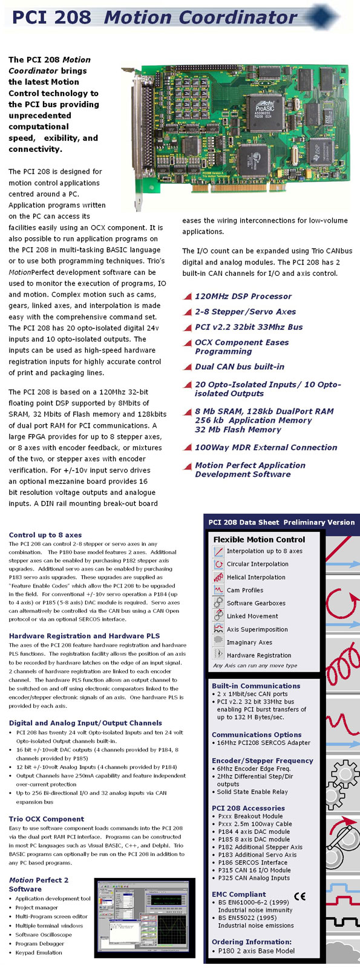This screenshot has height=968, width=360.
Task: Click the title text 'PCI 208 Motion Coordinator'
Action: coord(154,17)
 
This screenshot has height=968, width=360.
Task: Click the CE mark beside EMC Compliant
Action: coord(299,897)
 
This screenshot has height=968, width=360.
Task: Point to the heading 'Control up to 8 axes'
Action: coord(45,535)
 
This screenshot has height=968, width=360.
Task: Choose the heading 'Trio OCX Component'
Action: coord(47,819)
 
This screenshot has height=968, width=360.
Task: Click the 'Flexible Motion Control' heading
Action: coord(259,539)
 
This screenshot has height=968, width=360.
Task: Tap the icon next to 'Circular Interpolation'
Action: coord(218,564)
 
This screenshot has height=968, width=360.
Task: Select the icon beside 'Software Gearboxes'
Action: coord(218,603)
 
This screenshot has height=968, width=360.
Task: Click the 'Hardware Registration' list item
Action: coord(258,655)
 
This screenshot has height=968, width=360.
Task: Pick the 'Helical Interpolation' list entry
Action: coord(256,577)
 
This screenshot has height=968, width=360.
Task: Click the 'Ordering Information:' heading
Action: coord(251,941)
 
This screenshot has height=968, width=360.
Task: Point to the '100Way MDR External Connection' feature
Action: coord(266,448)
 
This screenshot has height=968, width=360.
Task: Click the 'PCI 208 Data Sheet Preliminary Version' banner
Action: coord(281,522)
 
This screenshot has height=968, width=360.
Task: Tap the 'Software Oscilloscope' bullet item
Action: coord(44,935)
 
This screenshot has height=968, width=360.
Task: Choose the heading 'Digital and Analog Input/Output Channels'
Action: coord(85,722)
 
